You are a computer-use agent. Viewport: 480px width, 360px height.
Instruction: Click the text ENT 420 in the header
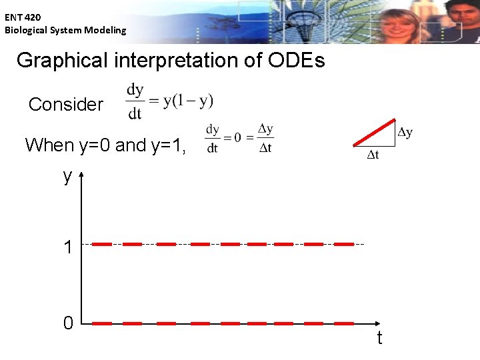coord(23,18)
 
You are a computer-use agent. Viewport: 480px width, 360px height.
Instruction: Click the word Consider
coord(66,105)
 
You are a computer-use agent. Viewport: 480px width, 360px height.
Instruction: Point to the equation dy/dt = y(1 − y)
coord(170,101)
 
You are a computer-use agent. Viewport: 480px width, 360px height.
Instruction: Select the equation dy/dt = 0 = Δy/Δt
coord(239,138)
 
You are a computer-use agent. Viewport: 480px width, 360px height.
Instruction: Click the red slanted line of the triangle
coord(374,132)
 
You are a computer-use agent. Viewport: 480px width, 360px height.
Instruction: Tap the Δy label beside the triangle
coord(405,132)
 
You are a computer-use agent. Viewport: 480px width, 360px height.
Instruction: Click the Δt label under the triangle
coord(373,156)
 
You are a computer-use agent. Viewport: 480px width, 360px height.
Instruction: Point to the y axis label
coord(67,176)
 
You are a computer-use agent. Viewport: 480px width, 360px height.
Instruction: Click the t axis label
coord(379,339)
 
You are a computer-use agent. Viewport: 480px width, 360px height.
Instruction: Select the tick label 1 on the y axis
coord(67,248)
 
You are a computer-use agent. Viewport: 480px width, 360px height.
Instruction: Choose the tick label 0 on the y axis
coord(67,324)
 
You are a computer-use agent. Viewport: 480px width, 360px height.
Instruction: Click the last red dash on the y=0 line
coord(343,323)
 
